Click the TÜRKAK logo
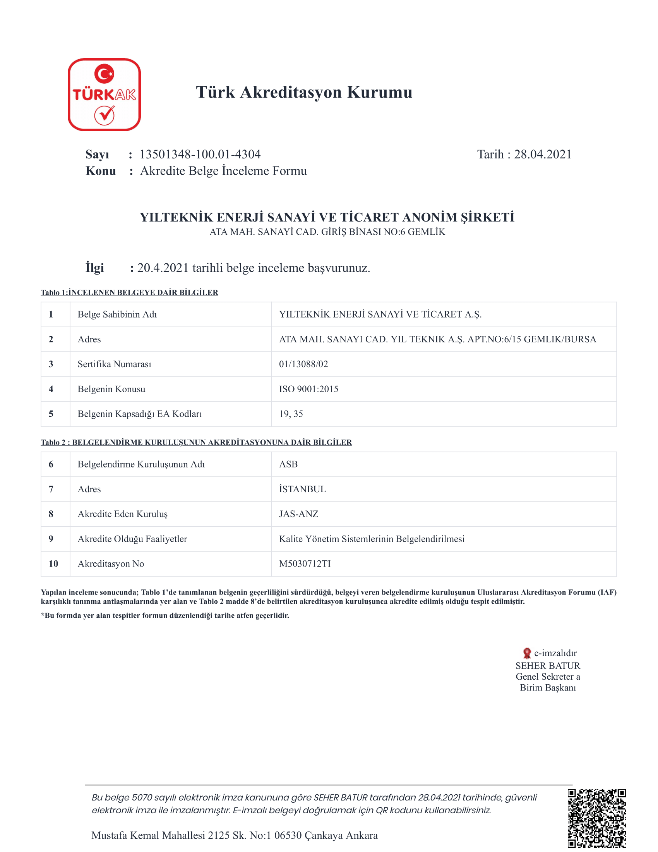point(104,94)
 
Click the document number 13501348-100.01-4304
point(200,155)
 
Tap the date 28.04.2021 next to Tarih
point(543,155)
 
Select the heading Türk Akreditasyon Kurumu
point(304,93)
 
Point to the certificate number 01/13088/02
point(303,364)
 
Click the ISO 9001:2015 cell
point(308,389)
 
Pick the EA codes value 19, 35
point(291,414)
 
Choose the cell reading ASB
point(288,465)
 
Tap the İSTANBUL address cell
point(302,490)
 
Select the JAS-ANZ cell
point(298,514)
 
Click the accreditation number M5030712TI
point(305,564)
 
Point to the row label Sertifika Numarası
point(114,364)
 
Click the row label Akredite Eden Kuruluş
point(122,514)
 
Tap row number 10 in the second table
point(53,564)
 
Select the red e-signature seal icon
point(527,653)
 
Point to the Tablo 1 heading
point(129,292)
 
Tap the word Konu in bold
point(101,171)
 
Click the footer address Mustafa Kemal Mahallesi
point(234,836)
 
